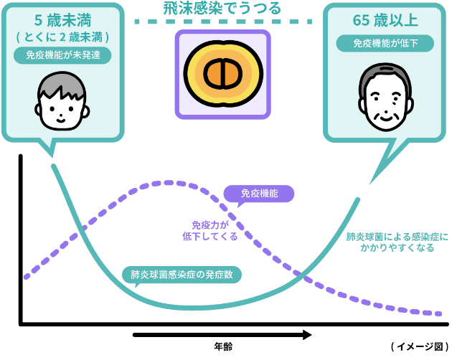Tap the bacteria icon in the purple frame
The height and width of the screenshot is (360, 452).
coord(222,73)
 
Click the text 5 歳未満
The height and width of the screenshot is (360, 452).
coord(62,20)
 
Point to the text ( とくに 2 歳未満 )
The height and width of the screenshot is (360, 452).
coord(62,37)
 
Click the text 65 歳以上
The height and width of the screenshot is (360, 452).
coord(385,20)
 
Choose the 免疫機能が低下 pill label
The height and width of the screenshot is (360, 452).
coord(385,43)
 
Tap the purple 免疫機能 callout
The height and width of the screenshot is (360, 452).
coord(258,194)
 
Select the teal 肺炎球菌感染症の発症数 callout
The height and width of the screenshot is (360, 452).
coord(182,274)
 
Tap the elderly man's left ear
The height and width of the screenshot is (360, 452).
coord(413,102)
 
